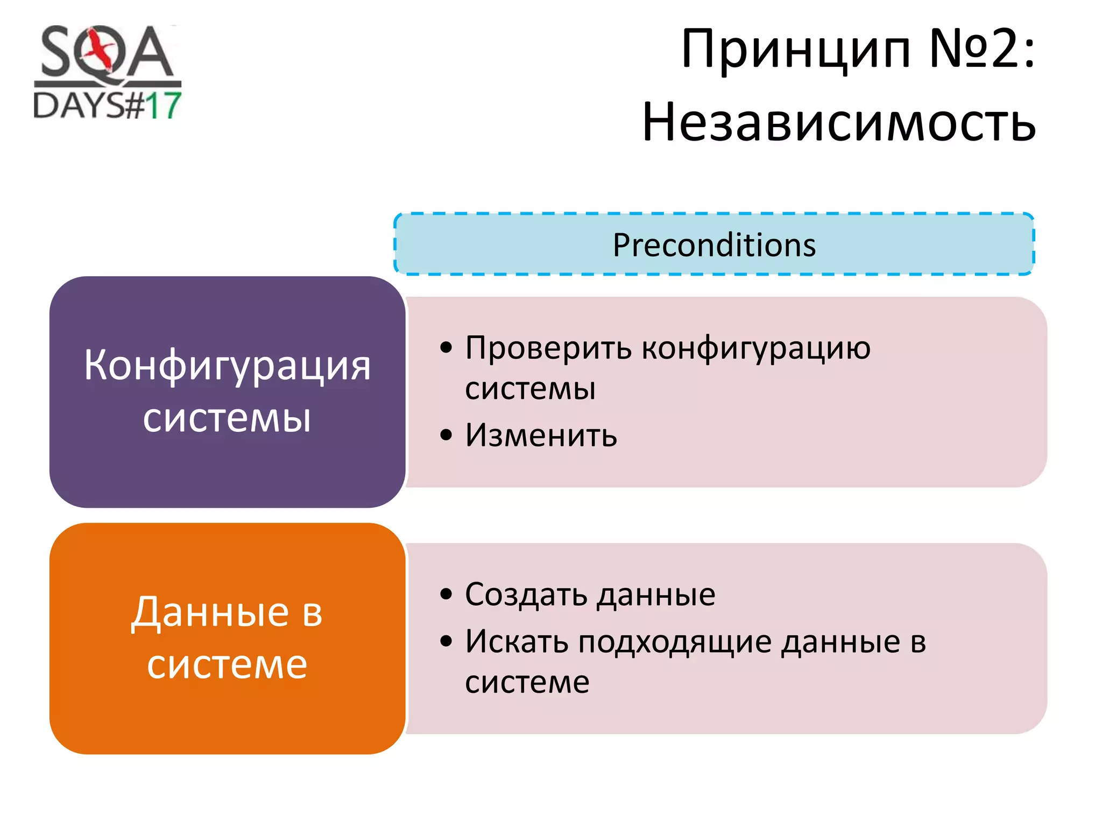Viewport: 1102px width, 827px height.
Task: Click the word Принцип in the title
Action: point(796,50)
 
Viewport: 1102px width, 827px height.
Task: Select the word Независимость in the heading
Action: point(839,123)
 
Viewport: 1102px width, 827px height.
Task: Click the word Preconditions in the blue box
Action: point(714,245)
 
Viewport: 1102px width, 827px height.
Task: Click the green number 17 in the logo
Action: point(163,106)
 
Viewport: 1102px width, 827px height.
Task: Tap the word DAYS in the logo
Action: point(79,106)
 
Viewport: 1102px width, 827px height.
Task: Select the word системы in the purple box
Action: point(227,418)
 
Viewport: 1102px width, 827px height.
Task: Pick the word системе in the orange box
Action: point(227,664)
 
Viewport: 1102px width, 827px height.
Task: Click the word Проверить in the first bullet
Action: point(548,348)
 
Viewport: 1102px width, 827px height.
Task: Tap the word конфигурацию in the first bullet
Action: point(756,348)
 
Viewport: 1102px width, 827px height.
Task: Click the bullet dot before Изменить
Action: point(446,434)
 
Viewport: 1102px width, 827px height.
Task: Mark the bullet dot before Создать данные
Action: point(446,594)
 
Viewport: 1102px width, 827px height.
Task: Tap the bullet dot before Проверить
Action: point(446,348)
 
